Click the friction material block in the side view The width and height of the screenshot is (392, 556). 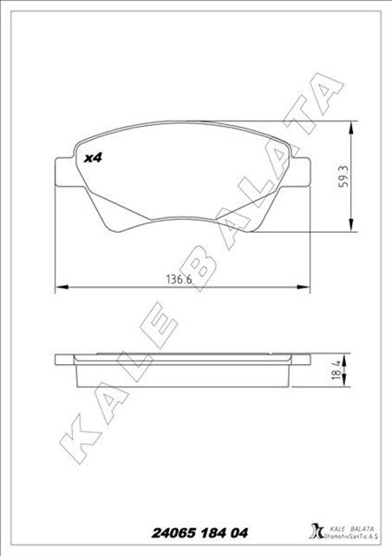click(182, 374)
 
